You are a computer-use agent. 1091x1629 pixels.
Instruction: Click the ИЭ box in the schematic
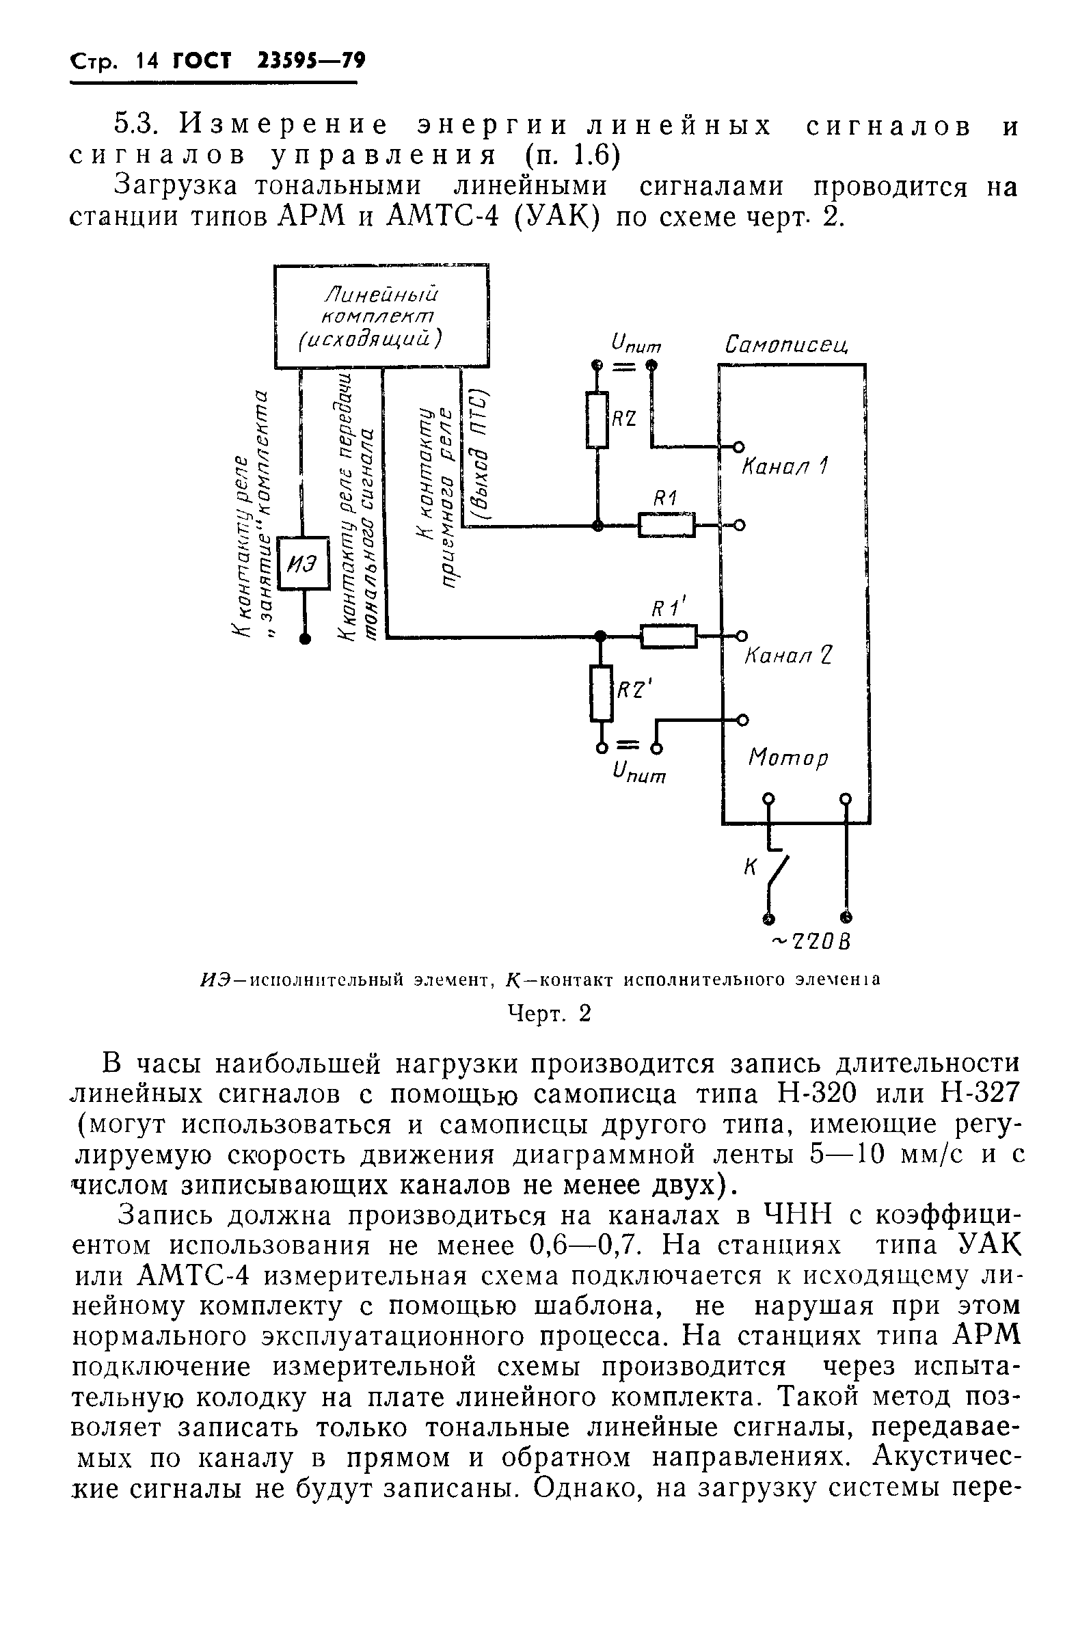(304, 563)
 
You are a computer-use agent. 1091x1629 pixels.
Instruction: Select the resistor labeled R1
(666, 525)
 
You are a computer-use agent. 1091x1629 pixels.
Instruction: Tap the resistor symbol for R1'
(668, 635)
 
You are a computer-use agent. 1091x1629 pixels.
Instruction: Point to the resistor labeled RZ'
(601, 693)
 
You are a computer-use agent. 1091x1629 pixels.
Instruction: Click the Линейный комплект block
(381, 316)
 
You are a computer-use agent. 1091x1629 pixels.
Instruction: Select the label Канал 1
(784, 466)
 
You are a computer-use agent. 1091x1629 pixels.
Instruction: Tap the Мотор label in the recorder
(788, 757)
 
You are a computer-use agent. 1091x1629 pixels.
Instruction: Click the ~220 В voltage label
(812, 941)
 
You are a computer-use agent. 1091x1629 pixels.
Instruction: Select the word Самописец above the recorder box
(786, 344)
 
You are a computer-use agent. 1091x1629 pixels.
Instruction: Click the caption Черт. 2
(550, 1014)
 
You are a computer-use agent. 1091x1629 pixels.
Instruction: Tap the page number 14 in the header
(148, 62)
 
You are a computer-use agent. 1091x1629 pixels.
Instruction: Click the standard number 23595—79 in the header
(311, 62)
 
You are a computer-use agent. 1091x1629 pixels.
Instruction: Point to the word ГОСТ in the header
(202, 62)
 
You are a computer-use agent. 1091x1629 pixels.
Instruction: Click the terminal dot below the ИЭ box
(304, 638)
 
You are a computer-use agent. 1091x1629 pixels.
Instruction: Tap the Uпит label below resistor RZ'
(638, 772)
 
